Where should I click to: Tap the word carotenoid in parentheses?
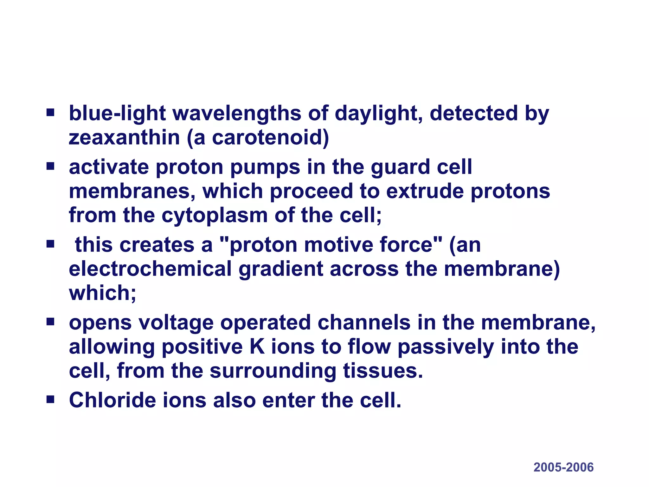pos(269,138)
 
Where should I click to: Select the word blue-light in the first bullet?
pos(117,114)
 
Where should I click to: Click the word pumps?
pos(265,167)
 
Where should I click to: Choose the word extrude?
pos(425,192)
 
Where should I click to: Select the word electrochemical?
pos(150,269)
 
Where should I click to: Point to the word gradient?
pos(280,269)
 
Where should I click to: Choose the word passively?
pos(446,347)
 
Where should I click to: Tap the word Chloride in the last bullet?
pos(112,400)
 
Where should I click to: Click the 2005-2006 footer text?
pos(563,467)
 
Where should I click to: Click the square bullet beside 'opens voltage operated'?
pos(50,322)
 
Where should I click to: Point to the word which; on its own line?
pos(102,293)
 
